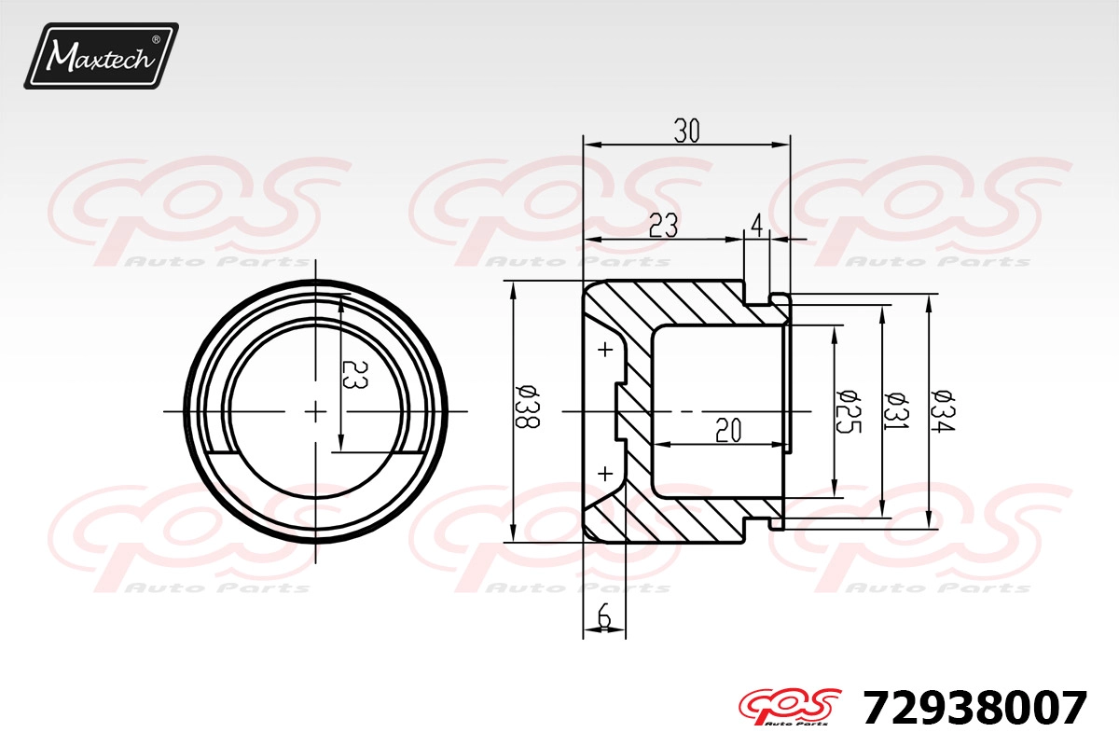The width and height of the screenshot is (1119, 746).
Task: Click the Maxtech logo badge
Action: coord(102,56)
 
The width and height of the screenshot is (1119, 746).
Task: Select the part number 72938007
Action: coord(975,708)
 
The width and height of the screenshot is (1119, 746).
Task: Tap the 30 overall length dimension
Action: coord(687,131)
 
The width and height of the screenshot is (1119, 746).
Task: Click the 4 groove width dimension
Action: coord(757,226)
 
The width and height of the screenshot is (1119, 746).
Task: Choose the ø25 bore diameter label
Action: coord(849,411)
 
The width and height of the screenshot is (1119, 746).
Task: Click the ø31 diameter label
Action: coord(896,411)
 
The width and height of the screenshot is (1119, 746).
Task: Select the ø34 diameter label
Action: coord(943,411)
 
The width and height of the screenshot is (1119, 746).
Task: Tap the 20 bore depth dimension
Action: coord(728,430)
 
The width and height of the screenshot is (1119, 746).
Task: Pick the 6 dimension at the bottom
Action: coord(604,615)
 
